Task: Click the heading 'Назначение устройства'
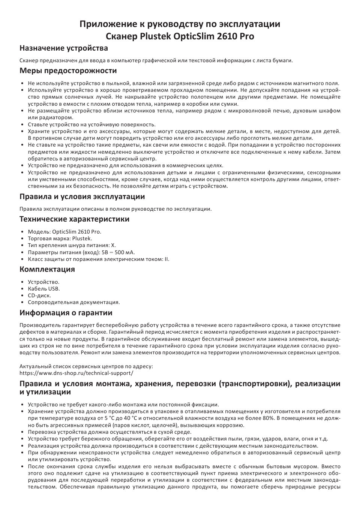tap(64, 48)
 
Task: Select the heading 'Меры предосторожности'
tap(68, 70)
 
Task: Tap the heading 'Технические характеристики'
tap(74, 219)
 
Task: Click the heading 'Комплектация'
tap(47, 269)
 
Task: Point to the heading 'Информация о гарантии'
tap(66, 313)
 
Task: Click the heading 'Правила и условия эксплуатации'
tap(82, 196)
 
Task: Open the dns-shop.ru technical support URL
tap(76, 373)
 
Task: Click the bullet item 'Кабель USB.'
tap(44, 289)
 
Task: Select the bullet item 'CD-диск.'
tap(39, 295)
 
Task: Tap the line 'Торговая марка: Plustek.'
tap(60, 238)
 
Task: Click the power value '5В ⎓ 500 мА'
tap(118, 252)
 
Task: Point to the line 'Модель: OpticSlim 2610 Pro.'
tap(64, 232)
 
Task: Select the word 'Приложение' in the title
tap(104, 24)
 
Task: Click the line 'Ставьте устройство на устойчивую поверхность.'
tap(91, 124)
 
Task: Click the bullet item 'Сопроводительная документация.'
tap(74, 302)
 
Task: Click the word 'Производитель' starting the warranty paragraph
tap(37, 325)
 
